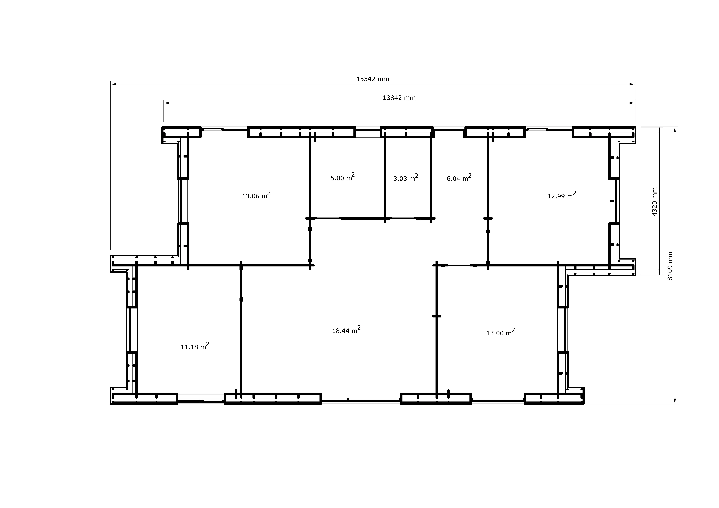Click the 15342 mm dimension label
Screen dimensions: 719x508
(x=373, y=79)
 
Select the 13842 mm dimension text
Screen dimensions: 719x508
(x=399, y=98)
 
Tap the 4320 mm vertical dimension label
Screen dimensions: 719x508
(x=654, y=202)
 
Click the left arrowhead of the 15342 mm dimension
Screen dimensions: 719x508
(x=113, y=84)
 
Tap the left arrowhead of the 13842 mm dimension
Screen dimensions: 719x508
(x=166, y=103)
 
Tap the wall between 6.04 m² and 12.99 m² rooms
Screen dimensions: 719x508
(x=488, y=200)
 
